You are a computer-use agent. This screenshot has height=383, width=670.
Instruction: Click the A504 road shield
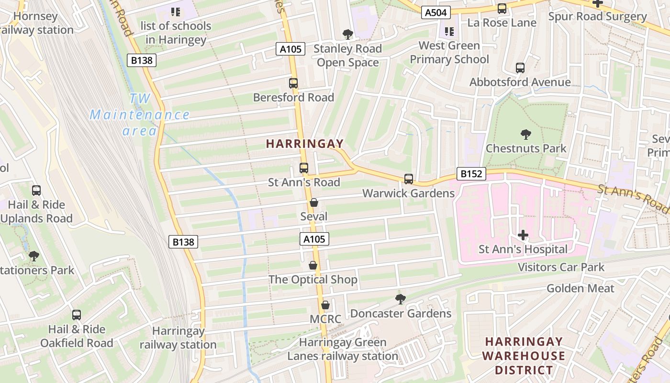[436, 12]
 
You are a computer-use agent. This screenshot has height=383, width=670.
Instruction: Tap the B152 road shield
[471, 174]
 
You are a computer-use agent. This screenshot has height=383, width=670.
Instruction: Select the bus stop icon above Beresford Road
[293, 83]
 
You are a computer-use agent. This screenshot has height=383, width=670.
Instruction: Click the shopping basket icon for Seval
[314, 203]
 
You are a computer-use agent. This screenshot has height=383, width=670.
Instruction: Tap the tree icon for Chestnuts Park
[525, 135]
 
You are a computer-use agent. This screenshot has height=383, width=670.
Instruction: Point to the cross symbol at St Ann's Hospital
[523, 235]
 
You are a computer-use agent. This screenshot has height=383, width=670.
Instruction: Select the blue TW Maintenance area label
[140, 115]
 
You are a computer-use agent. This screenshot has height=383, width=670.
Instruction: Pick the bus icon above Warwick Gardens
[408, 179]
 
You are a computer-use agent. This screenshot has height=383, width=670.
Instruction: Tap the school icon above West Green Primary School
[449, 32]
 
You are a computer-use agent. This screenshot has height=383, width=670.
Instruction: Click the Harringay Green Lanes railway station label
[342, 349]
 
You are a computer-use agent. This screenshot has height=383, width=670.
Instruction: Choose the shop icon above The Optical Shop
[313, 265]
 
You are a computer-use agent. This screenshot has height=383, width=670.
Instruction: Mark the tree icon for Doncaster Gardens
[401, 299]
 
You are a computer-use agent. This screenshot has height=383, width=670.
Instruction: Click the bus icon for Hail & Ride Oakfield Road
[77, 315]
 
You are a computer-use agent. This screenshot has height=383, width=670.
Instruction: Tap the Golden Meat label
[580, 288]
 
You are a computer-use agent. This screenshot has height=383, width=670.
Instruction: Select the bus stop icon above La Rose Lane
[502, 9]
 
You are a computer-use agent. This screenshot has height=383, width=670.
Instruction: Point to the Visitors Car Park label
[561, 267]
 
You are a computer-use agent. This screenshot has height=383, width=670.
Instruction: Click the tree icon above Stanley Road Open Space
[347, 34]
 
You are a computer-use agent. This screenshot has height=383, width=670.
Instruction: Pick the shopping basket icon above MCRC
[325, 305]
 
